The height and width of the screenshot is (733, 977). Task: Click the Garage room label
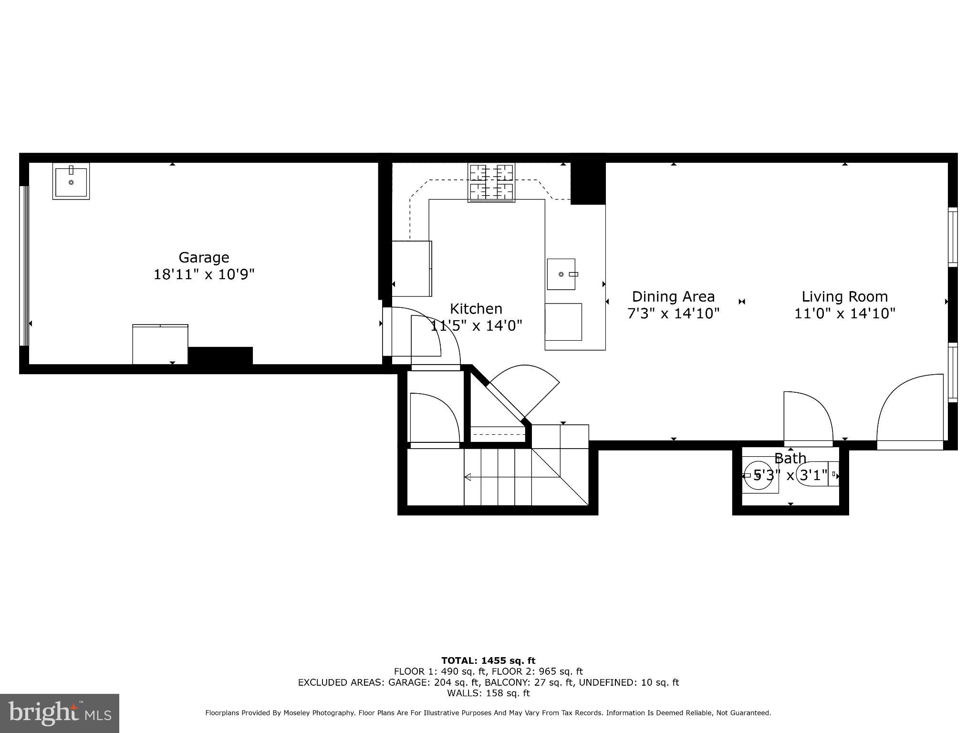204,258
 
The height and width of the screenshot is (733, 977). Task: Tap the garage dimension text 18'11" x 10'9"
204,275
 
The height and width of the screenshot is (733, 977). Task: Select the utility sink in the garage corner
71,181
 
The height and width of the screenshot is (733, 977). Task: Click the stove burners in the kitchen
491,183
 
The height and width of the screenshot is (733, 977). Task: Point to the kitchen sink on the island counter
561,274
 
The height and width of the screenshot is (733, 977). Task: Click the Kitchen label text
476,309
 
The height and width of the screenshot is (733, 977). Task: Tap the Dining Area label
673,297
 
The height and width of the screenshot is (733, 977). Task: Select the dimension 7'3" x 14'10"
673,314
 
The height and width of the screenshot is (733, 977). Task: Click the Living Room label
844,297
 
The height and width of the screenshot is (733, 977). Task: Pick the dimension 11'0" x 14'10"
844,314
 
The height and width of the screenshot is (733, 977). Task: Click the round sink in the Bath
759,475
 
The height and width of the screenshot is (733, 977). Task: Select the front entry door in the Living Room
909,410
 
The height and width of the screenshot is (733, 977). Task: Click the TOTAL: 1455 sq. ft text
488,661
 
